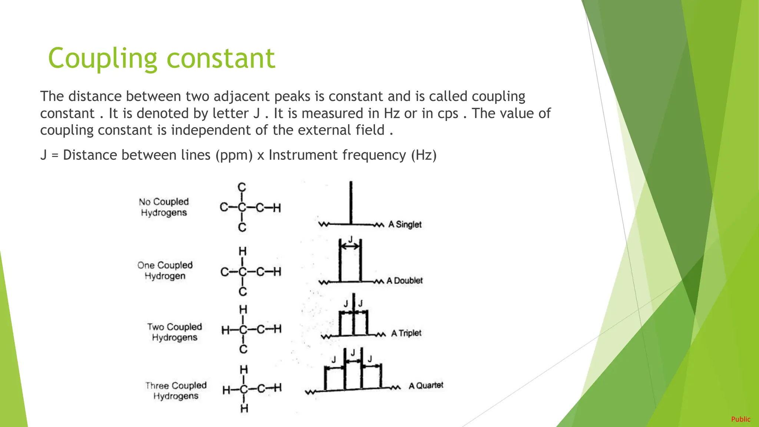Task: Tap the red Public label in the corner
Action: [x=740, y=419]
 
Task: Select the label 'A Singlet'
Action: [x=405, y=224]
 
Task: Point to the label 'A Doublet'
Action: [x=404, y=281]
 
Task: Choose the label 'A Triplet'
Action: [x=406, y=333]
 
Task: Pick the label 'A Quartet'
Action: [x=426, y=385]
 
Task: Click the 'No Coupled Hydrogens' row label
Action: [x=164, y=207]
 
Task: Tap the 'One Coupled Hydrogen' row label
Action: [x=165, y=271]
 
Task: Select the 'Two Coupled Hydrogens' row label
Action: [x=174, y=332]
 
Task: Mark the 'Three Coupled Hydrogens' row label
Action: [x=176, y=391]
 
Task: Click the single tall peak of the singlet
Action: [x=351, y=202]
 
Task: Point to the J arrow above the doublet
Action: [x=350, y=246]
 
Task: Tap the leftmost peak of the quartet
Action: [x=325, y=378]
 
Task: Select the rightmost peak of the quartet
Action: [x=381, y=376]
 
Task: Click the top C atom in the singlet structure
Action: [x=242, y=187]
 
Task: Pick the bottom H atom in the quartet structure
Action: [x=244, y=408]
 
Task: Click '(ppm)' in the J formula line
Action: [x=234, y=155]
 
